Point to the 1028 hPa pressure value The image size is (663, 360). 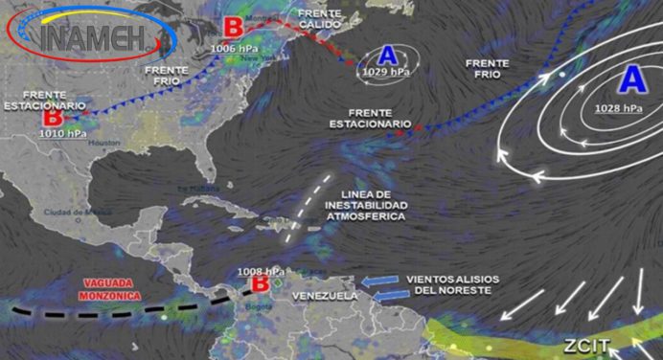(x=619, y=107)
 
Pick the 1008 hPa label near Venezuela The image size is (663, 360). (x=261, y=268)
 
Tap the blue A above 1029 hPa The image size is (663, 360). (x=389, y=54)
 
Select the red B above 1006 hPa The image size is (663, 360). (x=232, y=26)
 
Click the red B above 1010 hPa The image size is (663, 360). (x=53, y=118)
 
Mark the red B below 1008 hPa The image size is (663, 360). (x=259, y=283)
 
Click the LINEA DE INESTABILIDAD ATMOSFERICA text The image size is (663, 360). (x=365, y=206)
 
